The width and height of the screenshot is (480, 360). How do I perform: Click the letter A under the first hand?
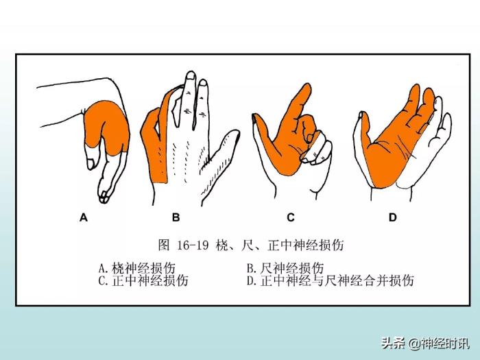point(84,217)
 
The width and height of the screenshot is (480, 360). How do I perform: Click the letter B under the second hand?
point(176,217)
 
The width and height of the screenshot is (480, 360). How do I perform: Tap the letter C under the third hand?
point(291,217)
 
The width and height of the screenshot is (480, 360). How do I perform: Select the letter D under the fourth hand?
point(393,217)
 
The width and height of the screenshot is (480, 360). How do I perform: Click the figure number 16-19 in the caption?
point(193,245)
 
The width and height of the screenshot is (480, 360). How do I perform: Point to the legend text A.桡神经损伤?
point(137,268)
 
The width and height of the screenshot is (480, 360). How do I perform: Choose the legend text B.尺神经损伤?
point(285,268)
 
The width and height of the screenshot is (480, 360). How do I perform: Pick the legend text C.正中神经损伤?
point(143,280)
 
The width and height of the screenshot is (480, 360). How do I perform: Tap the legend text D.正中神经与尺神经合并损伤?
point(331,280)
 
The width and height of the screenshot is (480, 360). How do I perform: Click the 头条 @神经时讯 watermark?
point(425,344)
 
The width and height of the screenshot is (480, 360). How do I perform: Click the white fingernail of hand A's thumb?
point(91,163)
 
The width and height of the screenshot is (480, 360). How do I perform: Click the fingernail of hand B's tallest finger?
point(191,75)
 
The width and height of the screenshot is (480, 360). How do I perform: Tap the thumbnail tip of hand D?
point(361,115)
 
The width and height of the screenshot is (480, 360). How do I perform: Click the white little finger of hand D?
point(443,129)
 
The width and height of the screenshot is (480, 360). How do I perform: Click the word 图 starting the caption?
point(164,245)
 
